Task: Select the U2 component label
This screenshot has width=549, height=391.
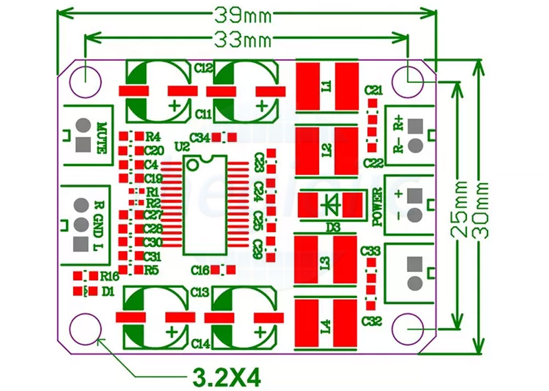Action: [181, 147]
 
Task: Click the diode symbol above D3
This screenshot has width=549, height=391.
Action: [332, 205]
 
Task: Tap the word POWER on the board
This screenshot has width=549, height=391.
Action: [377, 207]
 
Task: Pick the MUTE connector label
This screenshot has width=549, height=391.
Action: [101, 138]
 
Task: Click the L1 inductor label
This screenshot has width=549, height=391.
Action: [327, 86]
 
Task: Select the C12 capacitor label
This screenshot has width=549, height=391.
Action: [204, 68]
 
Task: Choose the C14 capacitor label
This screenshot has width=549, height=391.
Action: [201, 344]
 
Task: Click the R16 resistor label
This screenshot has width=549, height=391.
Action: [110, 276]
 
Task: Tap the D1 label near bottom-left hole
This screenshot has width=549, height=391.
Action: [108, 292]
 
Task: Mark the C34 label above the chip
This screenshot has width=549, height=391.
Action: [199, 137]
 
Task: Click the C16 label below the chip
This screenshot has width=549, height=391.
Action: [200, 270]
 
